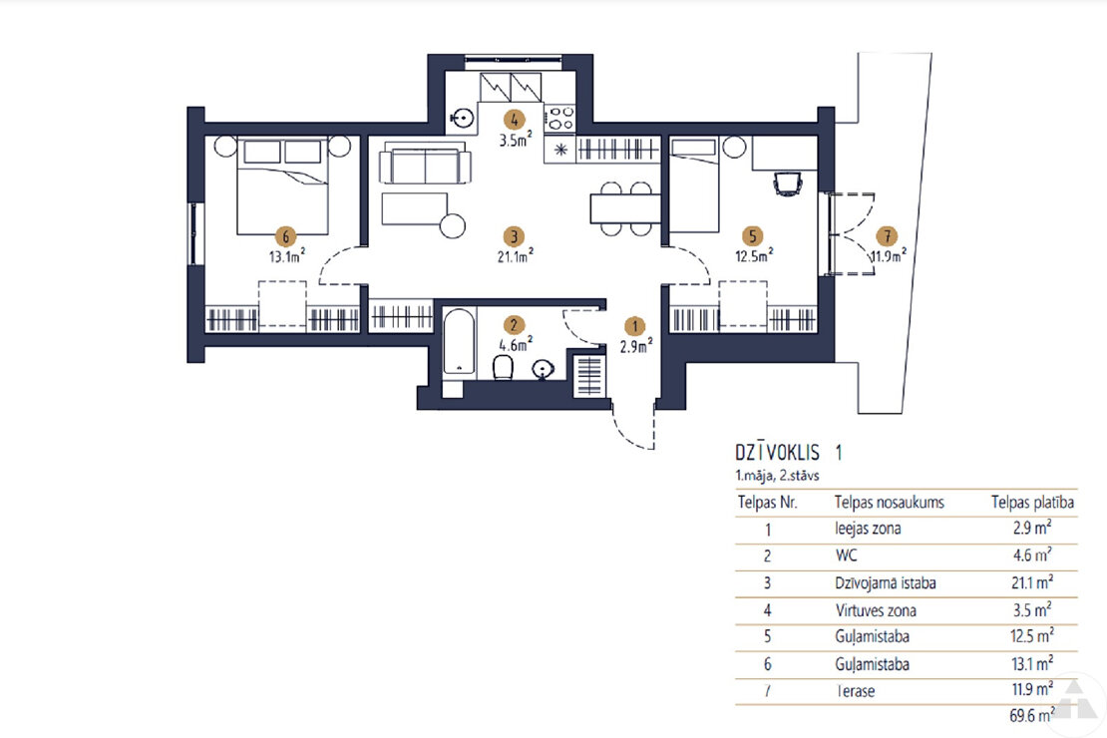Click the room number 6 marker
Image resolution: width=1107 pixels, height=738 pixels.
(285, 236)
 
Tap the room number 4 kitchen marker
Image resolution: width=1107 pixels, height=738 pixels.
(514, 120)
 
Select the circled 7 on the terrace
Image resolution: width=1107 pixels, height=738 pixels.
(887, 236)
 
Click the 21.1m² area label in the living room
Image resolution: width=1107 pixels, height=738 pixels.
(515, 255)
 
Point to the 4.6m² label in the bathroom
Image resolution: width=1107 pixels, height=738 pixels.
(516, 344)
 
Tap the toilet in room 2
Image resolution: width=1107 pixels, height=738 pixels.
(503, 367)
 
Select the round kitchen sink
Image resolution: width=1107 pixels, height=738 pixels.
(462, 118)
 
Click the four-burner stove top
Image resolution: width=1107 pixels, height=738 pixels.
(560, 118)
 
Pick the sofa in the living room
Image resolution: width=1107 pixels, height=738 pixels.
(425, 163)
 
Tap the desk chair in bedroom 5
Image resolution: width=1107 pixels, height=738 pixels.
(787, 184)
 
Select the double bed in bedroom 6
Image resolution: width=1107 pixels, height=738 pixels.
(282, 186)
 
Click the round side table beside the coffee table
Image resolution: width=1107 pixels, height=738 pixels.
(452, 226)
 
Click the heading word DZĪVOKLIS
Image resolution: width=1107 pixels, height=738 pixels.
(777, 452)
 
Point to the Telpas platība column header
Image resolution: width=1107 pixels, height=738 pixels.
(1032, 502)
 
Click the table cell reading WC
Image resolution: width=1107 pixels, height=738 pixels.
(846, 555)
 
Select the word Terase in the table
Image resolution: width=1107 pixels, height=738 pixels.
(855, 691)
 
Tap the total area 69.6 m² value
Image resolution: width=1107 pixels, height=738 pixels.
(1032, 715)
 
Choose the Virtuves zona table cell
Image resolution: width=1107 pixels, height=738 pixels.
(876, 610)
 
